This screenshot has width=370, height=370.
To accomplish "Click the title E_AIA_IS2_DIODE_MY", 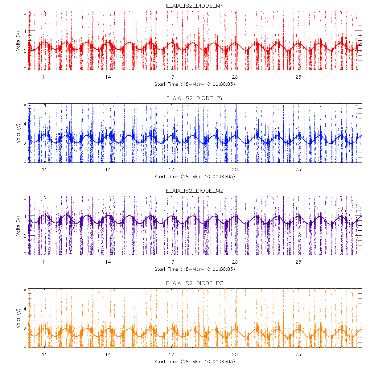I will (x=195, y=6).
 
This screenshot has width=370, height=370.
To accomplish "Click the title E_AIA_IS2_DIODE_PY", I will (x=195, y=98).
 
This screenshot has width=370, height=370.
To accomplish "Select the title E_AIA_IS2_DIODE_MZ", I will (x=195, y=191).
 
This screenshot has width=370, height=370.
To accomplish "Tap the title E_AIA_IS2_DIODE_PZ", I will (x=195, y=283).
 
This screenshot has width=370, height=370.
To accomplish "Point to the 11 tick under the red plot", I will (x=45, y=77).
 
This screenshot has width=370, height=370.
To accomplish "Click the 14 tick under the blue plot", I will (x=108, y=169).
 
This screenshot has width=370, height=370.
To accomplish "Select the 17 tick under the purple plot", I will (x=171, y=262).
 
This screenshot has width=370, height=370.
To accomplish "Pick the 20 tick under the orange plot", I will (x=235, y=354).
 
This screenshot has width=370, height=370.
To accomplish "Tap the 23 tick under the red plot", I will (x=298, y=77).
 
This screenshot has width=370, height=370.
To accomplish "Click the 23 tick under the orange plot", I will (x=298, y=354).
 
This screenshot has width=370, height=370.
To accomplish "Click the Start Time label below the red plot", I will (x=195, y=84).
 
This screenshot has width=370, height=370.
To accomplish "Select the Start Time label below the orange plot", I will (x=195, y=362).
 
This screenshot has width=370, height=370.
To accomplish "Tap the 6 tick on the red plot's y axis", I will (x=25, y=13).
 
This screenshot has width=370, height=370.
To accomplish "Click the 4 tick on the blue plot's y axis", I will (x=25, y=125).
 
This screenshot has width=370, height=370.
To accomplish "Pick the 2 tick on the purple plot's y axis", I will (x=25, y=236).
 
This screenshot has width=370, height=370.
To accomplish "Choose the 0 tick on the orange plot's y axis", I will (x=25, y=346).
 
